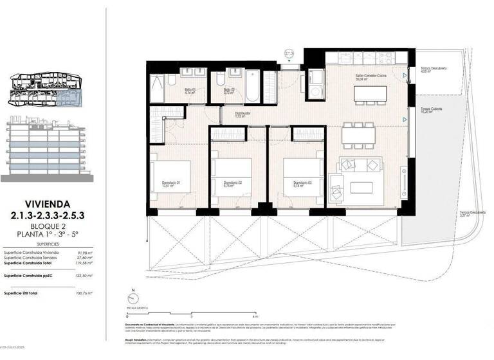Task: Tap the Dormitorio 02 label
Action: point(232,184)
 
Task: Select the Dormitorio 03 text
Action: point(302,184)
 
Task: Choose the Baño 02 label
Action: point(228,91)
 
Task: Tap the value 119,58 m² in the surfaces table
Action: point(83,264)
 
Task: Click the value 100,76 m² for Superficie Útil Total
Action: point(83,293)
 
